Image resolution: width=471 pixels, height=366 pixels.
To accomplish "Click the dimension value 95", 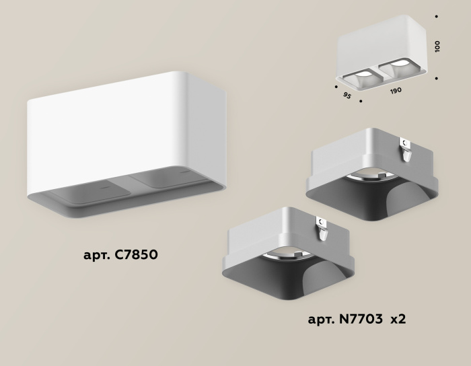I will click(347, 96).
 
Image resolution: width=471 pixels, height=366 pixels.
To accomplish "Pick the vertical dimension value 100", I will click(438, 46).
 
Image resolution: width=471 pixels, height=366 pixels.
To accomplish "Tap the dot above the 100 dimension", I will click(437, 15).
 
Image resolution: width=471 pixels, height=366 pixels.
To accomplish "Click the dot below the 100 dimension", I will click(437, 78).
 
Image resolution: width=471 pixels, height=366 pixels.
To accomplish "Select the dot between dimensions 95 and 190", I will click(361, 102).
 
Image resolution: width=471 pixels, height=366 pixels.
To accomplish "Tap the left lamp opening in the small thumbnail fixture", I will click(363, 74).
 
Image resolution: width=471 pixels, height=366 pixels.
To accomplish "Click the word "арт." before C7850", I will click(97, 256).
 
